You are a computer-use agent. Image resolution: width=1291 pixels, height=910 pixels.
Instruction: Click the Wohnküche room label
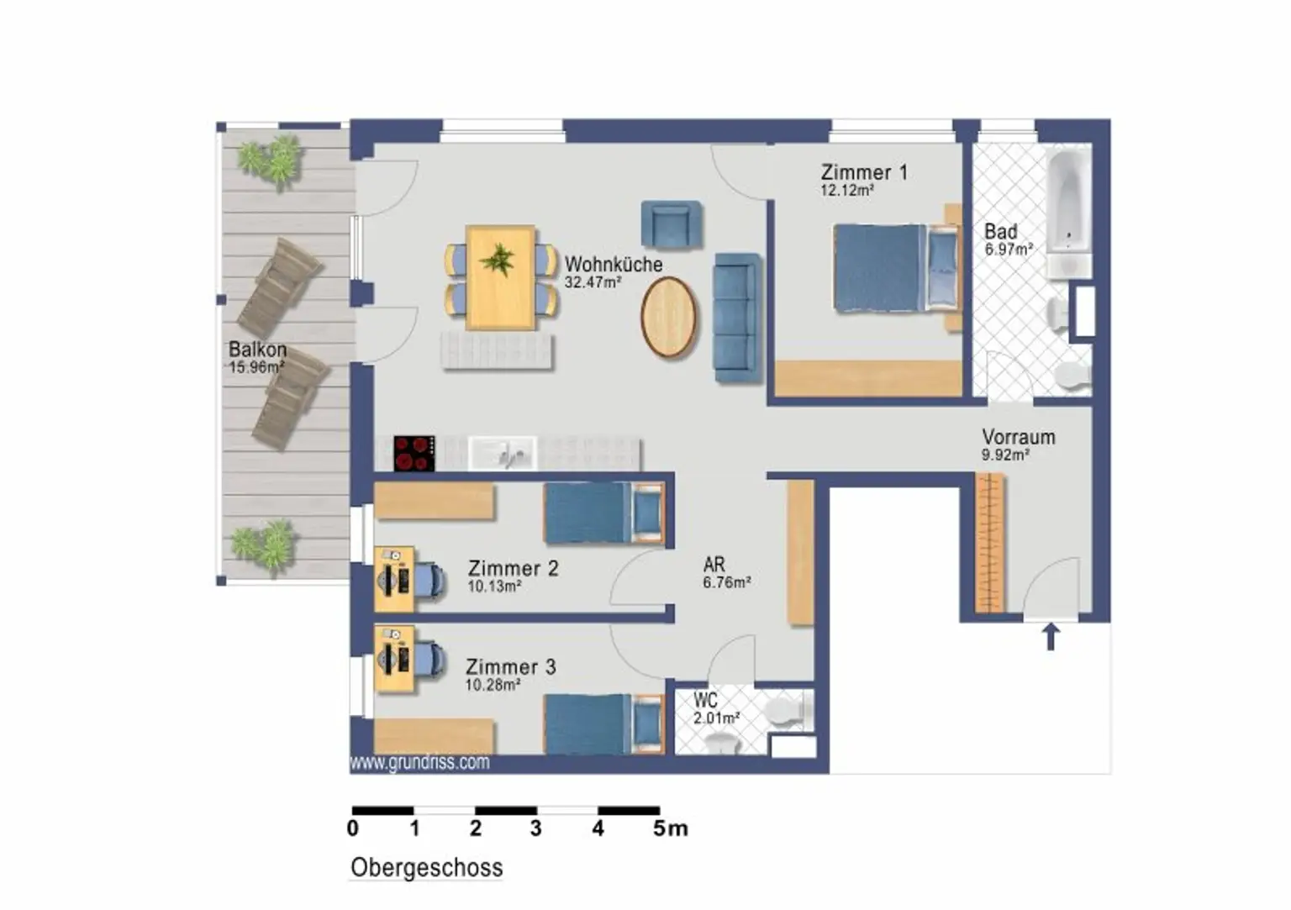tap(614, 265)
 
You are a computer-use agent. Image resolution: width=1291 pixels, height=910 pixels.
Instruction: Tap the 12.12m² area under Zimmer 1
tap(847, 190)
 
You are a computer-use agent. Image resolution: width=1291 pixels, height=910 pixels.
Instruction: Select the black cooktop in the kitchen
tap(414, 454)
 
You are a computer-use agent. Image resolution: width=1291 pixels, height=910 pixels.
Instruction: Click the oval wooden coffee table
tap(668, 317)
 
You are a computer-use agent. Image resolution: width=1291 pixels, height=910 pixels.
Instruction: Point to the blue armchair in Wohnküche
tap(672, 225)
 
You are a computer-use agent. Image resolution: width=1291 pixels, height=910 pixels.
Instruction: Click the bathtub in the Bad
tap(1069, 202)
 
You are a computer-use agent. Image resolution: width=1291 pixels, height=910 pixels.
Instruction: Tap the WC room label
tap(705, 700)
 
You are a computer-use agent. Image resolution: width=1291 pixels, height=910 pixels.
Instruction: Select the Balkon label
tap(258, 350)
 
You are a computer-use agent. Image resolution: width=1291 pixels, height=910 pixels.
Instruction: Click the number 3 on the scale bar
tap(536, 828)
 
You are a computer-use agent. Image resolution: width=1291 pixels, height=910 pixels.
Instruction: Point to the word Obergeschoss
tap(426, 868)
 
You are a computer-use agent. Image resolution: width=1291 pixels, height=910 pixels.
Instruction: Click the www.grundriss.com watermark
tap(419, 762)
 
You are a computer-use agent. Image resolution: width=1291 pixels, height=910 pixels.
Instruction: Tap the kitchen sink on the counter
tap(503, 454)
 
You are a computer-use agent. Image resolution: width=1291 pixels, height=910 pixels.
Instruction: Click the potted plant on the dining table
tap(498, 260)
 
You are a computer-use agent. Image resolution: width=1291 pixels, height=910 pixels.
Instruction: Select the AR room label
tap(714, 564)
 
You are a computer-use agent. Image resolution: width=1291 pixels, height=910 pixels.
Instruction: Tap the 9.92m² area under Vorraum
tap(1006, 455)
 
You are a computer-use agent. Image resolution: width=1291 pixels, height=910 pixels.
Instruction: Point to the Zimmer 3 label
tap(511, 667)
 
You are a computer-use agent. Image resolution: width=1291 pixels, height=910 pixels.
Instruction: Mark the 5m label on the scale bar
tap(670, 828)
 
